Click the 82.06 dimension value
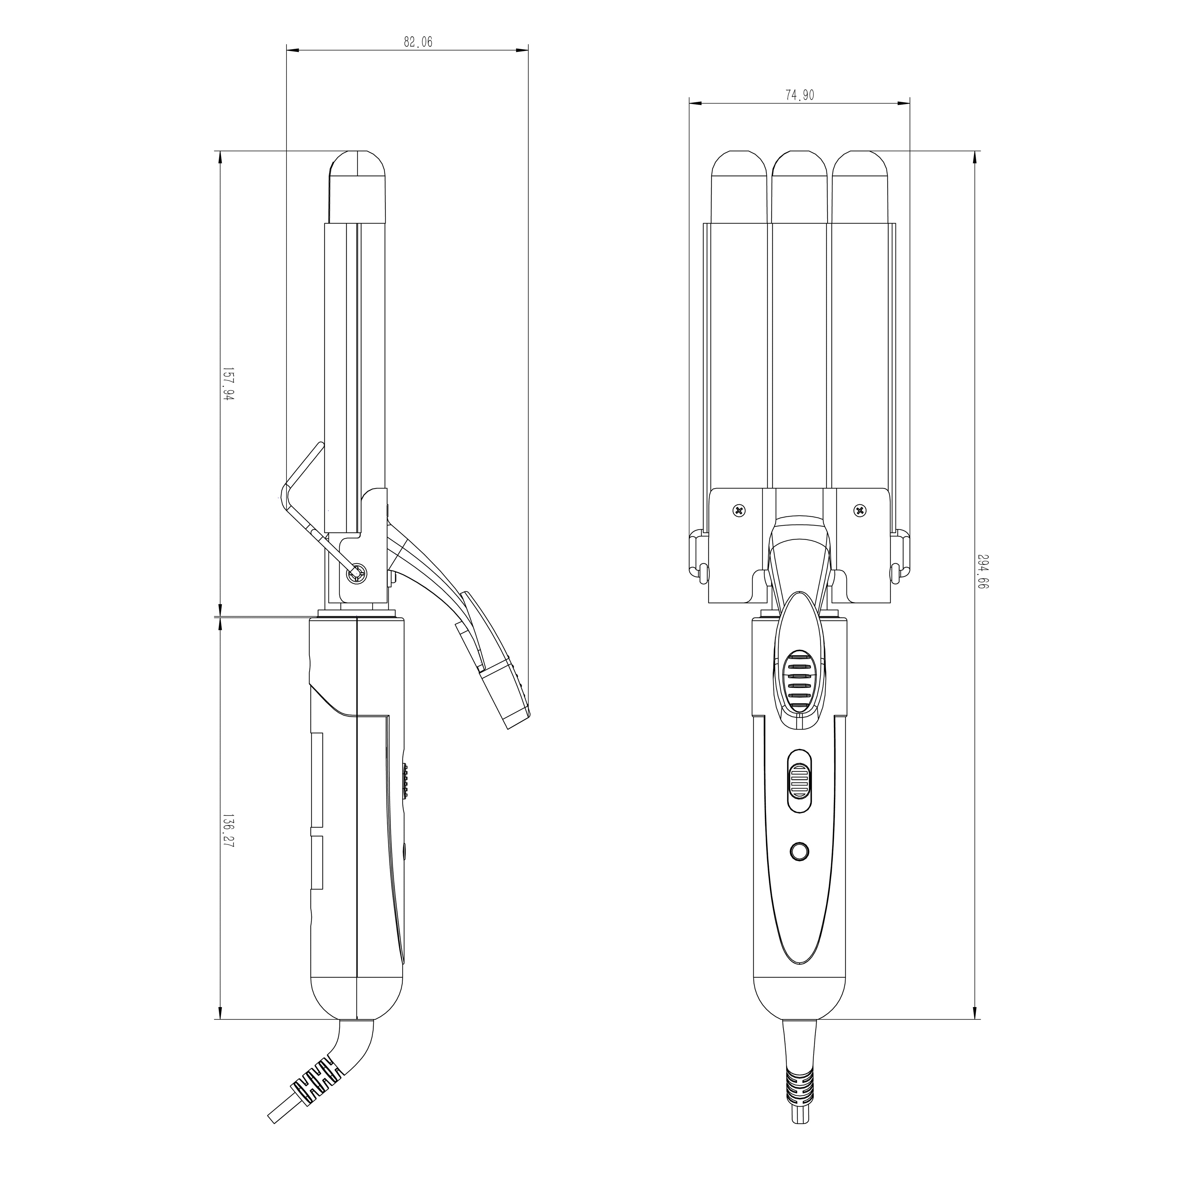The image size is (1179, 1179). (418, 42)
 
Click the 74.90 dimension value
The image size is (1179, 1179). (800, 95)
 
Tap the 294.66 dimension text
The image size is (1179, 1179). (982, 570)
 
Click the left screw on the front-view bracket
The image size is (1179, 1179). (739, 510)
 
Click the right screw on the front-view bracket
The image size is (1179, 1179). (860, 510)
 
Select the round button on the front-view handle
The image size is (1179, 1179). (800, 851)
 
